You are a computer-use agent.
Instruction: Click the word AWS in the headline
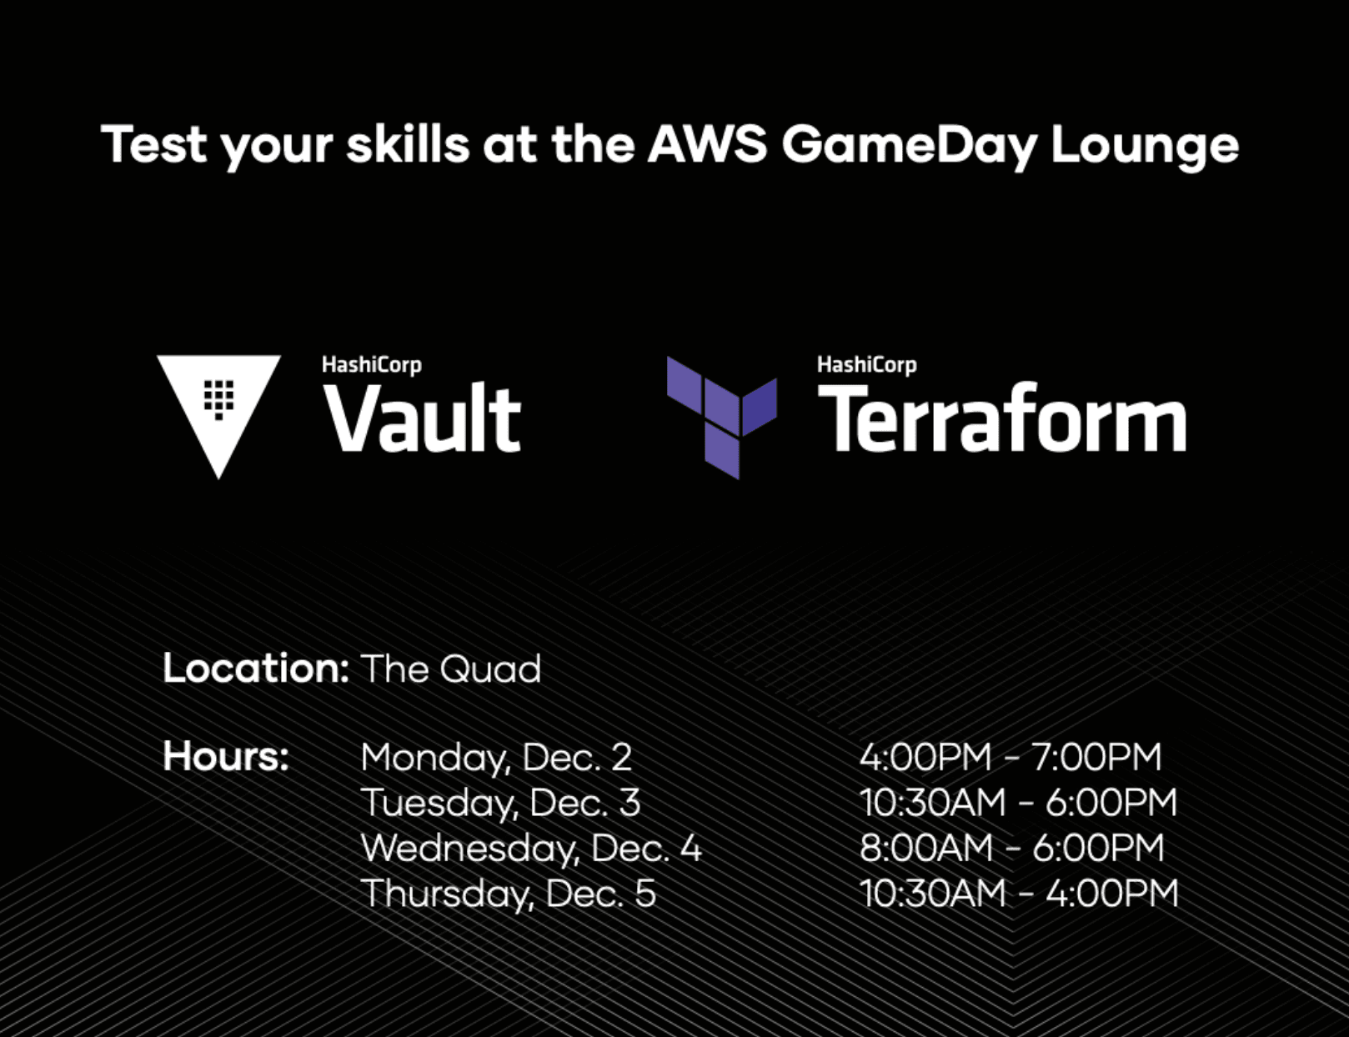707,144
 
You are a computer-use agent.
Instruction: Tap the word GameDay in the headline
909,146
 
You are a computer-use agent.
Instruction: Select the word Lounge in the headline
1144,146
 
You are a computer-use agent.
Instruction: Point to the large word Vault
422,419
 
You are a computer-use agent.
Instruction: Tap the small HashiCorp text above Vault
371,364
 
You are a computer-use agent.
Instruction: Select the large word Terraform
1001,419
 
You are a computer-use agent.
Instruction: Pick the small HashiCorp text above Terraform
866,364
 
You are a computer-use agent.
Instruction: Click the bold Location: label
255,669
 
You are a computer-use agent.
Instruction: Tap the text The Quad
451,669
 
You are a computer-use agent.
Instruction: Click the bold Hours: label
226,756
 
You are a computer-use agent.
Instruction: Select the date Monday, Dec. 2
496,758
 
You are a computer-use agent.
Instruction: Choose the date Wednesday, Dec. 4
531,849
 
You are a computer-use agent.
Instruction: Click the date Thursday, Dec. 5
509,894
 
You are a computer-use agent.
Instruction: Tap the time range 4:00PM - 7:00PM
1010,757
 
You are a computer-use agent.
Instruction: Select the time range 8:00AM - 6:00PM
1011,849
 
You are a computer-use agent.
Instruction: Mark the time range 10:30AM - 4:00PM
1019,894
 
